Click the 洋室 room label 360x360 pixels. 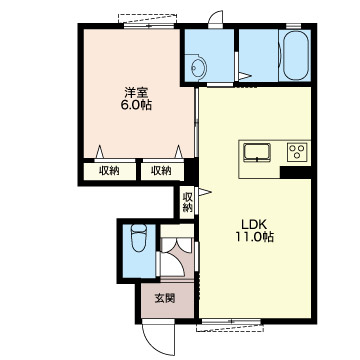pos(137,92)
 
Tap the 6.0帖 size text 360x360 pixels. pos(137,105)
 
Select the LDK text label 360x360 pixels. pos(255,223)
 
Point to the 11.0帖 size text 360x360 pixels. pos(255,237)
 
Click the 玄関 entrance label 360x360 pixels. pos(165,298)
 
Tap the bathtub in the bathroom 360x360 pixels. pos(296,55)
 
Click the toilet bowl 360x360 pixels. pos(139,237)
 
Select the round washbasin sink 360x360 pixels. pos(199,68)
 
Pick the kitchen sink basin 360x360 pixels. pos(257,153)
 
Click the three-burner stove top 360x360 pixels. pos(297,152)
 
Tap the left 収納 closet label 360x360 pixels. pos(109,171)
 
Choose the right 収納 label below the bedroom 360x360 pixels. pos(161,171)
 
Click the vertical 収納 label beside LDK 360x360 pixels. pos(188,202)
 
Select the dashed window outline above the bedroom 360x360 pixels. pos(147,18)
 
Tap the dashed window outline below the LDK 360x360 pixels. pos(230,327)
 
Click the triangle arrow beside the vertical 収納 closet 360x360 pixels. pos(204,192)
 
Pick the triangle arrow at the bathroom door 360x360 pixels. pos(244,76)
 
